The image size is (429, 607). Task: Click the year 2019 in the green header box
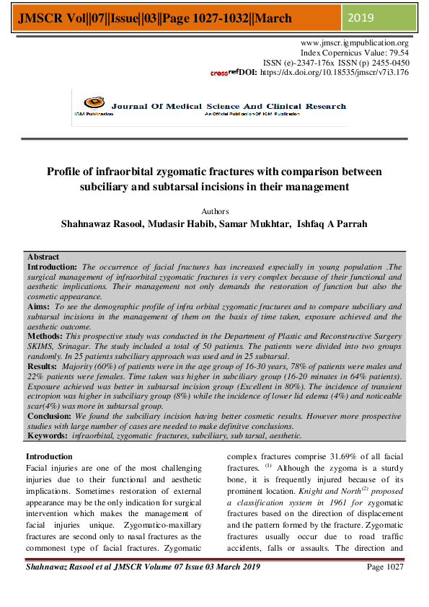tap(361, 17)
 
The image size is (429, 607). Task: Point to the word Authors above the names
tap(214, 211)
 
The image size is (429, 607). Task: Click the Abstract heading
tap(43, 257)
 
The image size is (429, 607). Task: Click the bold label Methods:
tap(46, 336)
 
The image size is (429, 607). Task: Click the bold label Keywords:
tap(48, 436)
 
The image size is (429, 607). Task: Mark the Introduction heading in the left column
tap(49, 456)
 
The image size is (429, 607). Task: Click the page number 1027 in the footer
tap(395, 588)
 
